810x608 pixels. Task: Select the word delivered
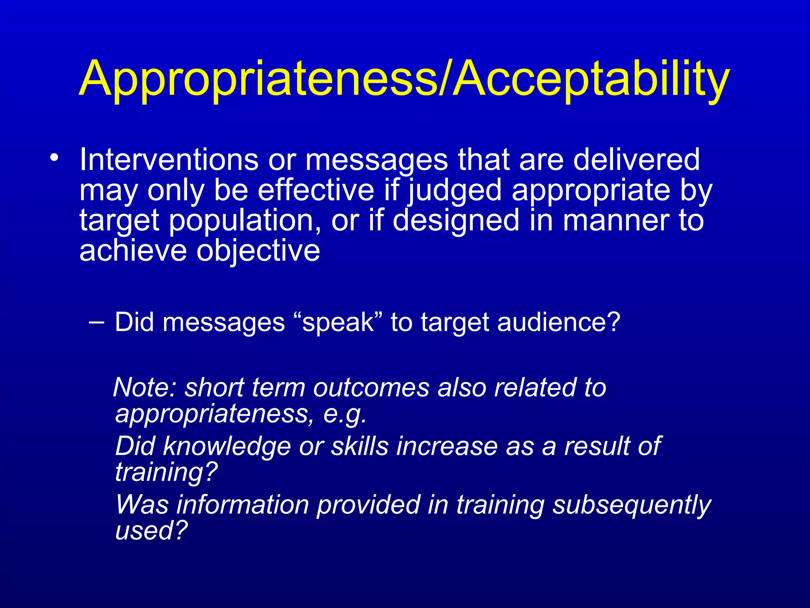click(636, 160)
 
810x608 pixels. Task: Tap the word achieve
click(133, 251)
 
